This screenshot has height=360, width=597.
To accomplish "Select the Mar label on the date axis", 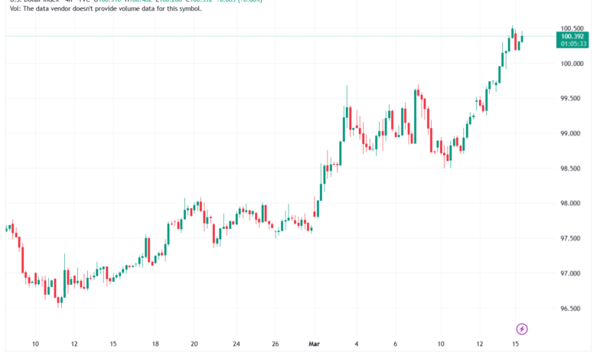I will (313, 345).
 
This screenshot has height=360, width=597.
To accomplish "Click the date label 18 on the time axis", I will (155, 345).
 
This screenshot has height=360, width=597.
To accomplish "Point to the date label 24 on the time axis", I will (237, 345).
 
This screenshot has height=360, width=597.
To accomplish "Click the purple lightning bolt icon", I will (522, 329).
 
